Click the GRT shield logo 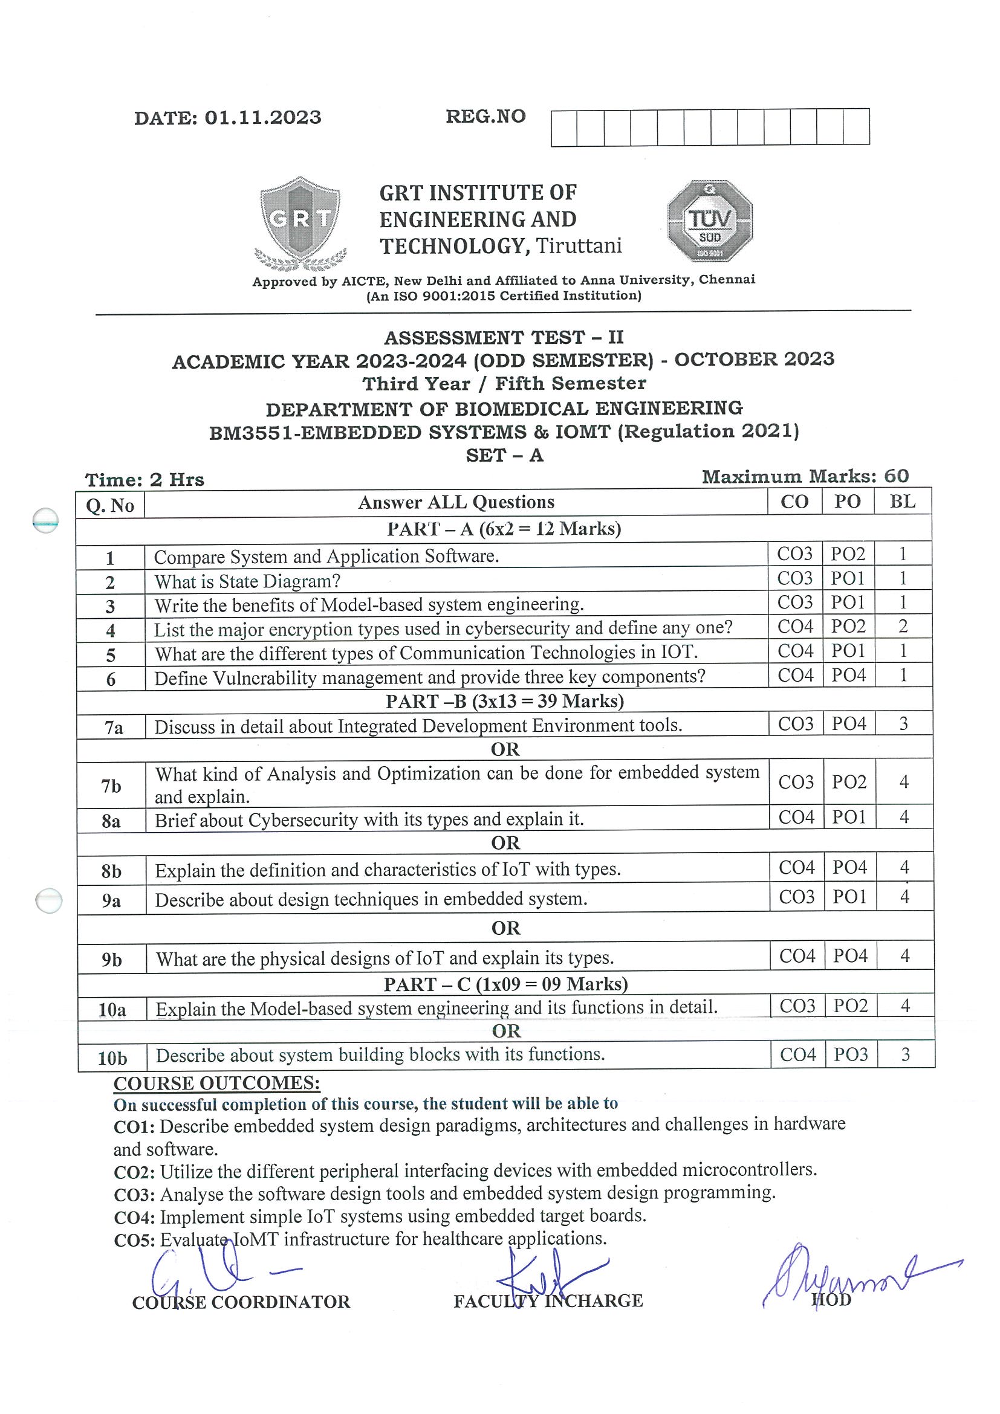(x=300, y=223)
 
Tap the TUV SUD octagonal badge (x=710, y=221)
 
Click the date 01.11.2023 (x=262, y=118)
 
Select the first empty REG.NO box (x=564, y=128)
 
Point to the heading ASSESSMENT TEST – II (x=504, y=338)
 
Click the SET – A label (x=505, y=455)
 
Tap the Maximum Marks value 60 (x=896, y=476)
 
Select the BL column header (x=902, y=502)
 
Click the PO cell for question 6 (x=848, y=676)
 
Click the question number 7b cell (x=111, y=786)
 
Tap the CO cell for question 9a (x=797, y=897)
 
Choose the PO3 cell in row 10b (x=851, y=1054)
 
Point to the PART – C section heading (x=506, y=984)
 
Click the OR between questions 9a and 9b (x=506, y=928)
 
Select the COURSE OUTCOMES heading (x=217, y=1083)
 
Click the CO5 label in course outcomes (x=135, y=1239)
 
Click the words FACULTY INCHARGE (x=548, y=1300)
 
